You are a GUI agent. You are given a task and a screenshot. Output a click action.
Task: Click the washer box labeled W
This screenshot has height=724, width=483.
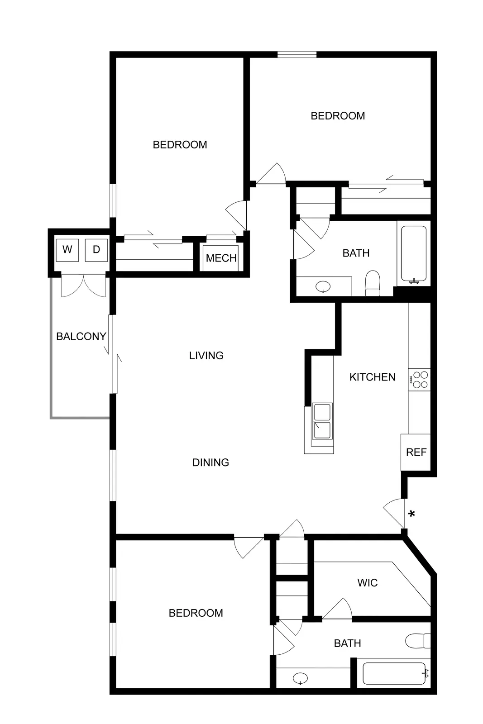coord(67,250)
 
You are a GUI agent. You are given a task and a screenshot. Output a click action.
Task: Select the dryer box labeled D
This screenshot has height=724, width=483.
coord(96,250)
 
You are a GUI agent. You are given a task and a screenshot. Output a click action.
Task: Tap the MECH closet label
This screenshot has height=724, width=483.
coord(221,258)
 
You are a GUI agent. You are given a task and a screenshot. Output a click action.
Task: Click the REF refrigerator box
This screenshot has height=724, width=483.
coord(416,452)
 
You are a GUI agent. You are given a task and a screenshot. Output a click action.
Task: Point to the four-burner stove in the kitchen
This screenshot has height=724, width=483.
coord(420,380)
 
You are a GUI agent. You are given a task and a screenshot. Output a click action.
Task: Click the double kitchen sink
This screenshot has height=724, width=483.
coord(322,421)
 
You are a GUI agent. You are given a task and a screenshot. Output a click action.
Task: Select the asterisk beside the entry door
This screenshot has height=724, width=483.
coord(411,514)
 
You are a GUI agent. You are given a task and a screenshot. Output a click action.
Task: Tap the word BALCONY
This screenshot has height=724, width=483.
coord(81,337)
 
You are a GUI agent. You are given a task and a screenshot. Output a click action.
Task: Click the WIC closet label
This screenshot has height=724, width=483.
coord(367,583)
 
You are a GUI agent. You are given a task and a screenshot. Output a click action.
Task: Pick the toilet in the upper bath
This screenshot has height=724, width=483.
coord(373,283)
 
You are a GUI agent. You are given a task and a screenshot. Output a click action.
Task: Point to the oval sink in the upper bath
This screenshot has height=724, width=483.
coord(323,286)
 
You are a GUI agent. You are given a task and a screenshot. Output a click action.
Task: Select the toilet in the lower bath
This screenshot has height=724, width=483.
coord(418,641)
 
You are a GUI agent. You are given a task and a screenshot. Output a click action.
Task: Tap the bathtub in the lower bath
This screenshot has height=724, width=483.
coord(395,674)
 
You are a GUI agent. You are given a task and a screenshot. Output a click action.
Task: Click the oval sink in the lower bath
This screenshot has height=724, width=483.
coord(300,678)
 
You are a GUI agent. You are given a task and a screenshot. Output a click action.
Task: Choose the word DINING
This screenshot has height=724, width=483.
coord(210,462)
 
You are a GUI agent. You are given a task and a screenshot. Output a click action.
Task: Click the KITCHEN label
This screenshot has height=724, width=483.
coord(372,377)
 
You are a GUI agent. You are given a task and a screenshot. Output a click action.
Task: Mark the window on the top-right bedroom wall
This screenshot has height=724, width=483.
coord(297,55)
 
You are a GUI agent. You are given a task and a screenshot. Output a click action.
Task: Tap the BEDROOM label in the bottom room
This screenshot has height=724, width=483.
coord(196,613)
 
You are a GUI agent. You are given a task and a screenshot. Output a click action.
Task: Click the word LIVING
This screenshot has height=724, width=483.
coord(206,356)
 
